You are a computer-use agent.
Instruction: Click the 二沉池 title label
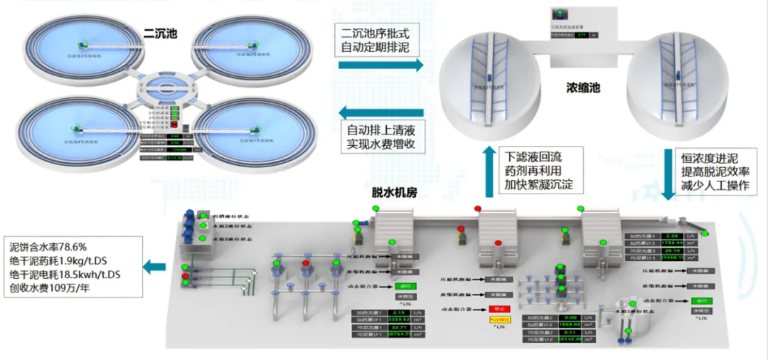[x=160, y=32]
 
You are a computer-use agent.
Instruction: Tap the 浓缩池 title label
[x=583, y=88]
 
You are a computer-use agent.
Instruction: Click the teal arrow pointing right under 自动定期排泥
[x=380, y=65]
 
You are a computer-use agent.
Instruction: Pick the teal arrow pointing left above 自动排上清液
[x=380, y=112]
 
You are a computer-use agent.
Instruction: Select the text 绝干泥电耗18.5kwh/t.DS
[x=65, y=275]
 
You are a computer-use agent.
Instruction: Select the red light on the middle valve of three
[x=306, y=263]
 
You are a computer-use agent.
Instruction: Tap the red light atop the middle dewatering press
[x=478, y=208]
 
